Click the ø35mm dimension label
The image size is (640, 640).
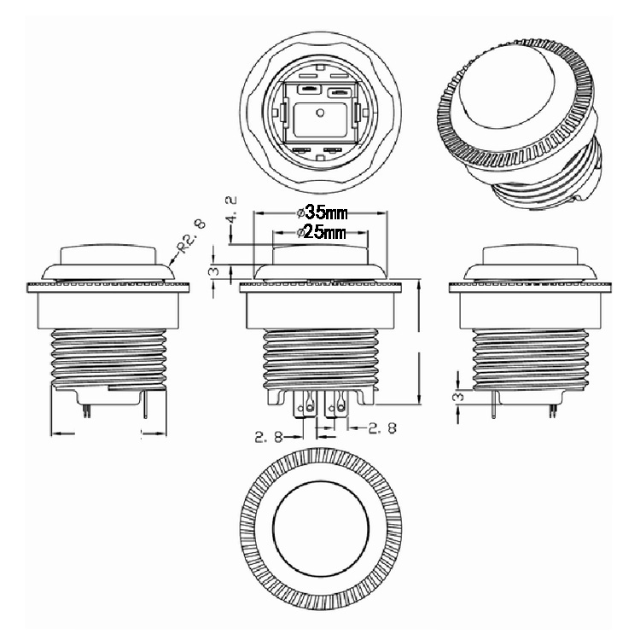pyautogui.click(x=321, y=212)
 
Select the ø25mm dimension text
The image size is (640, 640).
pyautogui.click(x=321, y=232)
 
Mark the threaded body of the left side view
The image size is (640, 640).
pyautogui.click(x=108, y=354)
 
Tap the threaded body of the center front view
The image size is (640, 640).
pyautogui.click(x=320, y=354)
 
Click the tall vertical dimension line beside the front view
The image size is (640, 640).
pyautogui.click(x=420, y=341)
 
